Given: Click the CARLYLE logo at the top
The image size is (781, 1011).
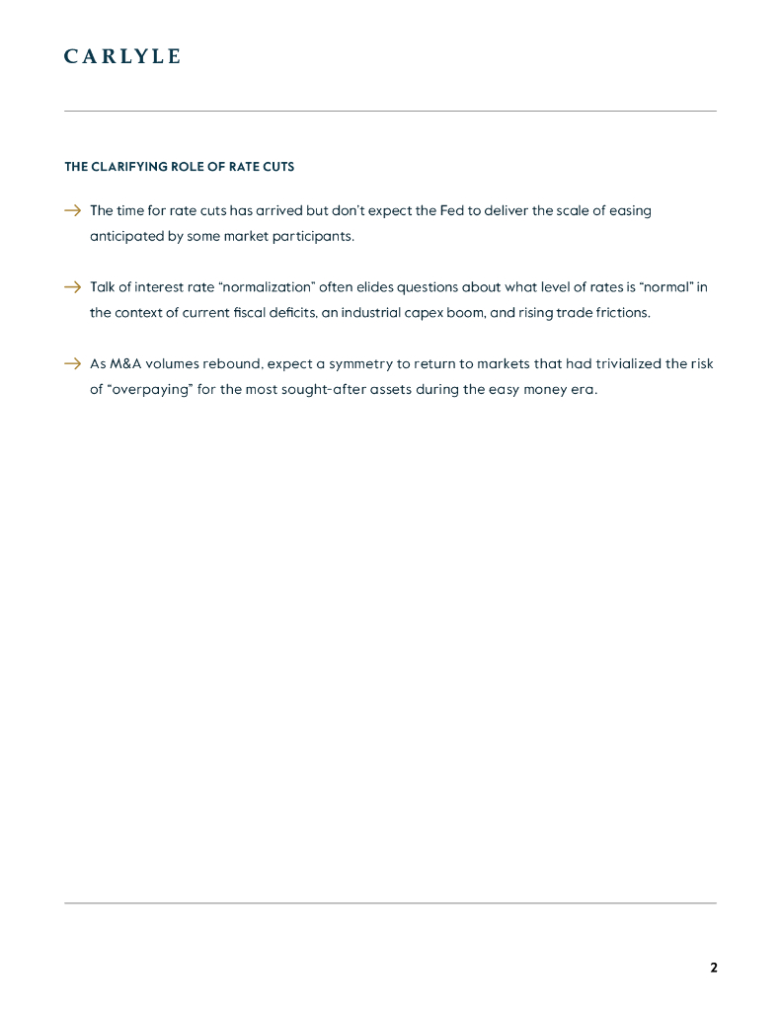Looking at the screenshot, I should tap(122, 56).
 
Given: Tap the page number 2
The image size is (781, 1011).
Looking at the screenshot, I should tap(714, 968).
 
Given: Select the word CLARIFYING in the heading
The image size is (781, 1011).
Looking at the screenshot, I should tap(127, 167).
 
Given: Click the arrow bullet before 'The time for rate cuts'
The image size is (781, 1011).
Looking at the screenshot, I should tap(72, 210).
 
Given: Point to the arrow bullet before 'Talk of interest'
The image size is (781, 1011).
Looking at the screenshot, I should tap(72, 287).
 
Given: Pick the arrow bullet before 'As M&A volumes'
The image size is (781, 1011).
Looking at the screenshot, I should tap(72, 363).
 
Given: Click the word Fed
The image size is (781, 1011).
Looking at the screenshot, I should tap(452, 210).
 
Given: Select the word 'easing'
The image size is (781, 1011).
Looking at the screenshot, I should tap(630, 210).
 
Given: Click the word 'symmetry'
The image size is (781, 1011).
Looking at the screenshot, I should tap(362, 363).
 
